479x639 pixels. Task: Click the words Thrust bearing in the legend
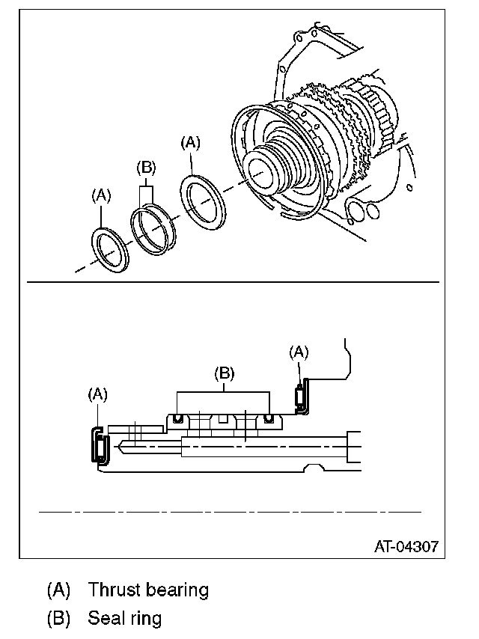pos(147,590)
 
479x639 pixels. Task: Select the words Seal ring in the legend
pos(124,619)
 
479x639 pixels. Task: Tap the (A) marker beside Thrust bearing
pos(58,590)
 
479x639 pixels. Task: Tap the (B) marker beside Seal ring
pos(58,619)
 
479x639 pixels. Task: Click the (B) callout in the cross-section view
pos(223,372)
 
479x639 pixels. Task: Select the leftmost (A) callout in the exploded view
pos(100,195)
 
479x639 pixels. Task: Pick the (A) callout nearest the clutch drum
pos(192,142)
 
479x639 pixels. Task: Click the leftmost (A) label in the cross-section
pos(98,394)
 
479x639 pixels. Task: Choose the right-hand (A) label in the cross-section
pos(299,351)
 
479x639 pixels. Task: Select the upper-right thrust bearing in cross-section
pos(301,397)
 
